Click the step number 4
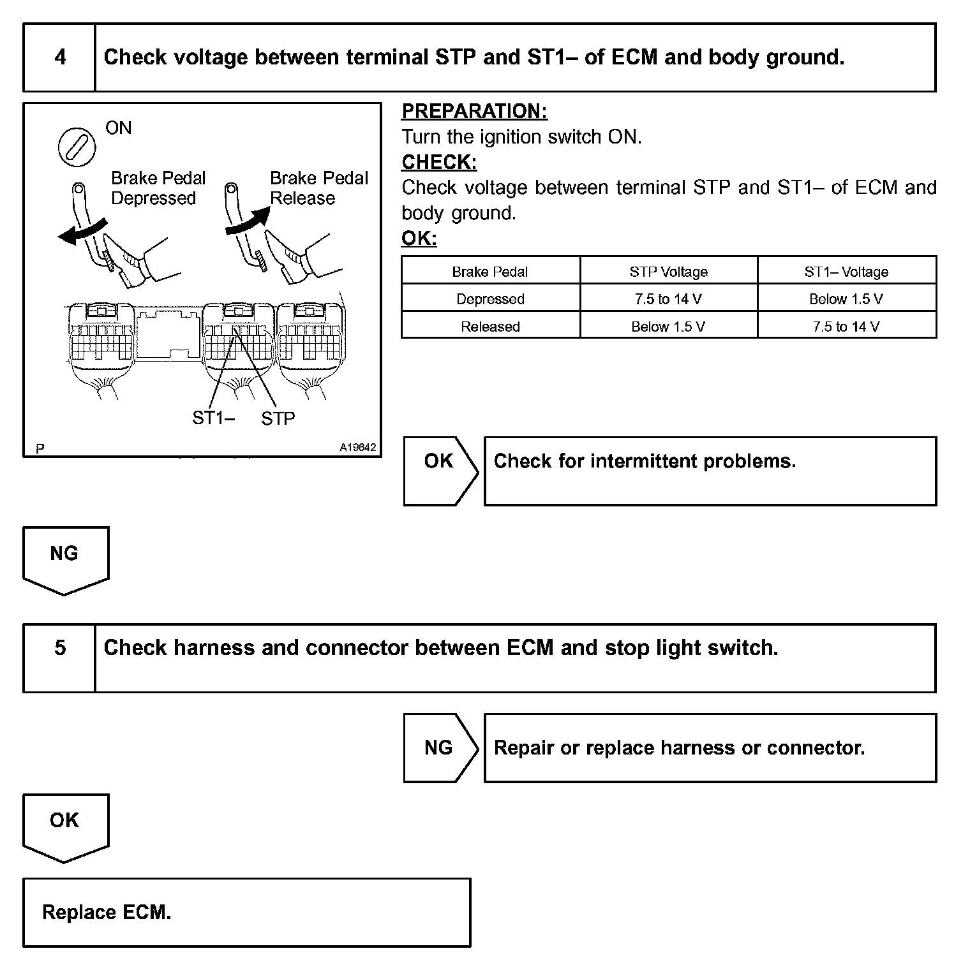tap(60, 57)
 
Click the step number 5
tap(60, 648)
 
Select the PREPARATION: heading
tap(474, 111)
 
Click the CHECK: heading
tap(439, 162)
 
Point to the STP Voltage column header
tap(668, 272)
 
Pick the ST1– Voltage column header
tap(846, 272)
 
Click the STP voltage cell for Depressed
tap(668, 299)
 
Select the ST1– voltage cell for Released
tap(846, 327)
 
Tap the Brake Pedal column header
tap(490, 272)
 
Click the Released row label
tap(490, 327)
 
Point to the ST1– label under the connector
tap(213, 418)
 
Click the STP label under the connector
tap(278, 418)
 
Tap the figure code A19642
tap(357, 447)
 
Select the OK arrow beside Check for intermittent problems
tap(439, 471)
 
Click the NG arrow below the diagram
tap(65, 559)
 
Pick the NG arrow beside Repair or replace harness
tap(439, 747)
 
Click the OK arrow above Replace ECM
tap(65, 826)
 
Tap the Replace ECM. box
tap(246, 912)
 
